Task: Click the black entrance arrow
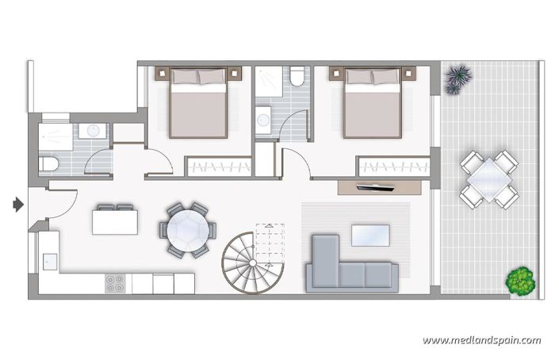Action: point(18,205)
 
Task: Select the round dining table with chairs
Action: point(188,230)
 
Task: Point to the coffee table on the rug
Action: point(370,234)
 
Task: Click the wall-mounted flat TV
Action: point(377,187)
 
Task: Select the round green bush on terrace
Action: point(520,280)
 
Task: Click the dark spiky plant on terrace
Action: point(458,80)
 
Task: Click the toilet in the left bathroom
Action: point(48,164)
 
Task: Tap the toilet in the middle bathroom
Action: point(297,77)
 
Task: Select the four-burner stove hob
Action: point(115,283)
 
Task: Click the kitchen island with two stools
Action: point(114,220)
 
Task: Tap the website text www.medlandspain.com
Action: point(481,340)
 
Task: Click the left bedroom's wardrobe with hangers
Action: point(219,167)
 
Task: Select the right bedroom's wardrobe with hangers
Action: point(392,167)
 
